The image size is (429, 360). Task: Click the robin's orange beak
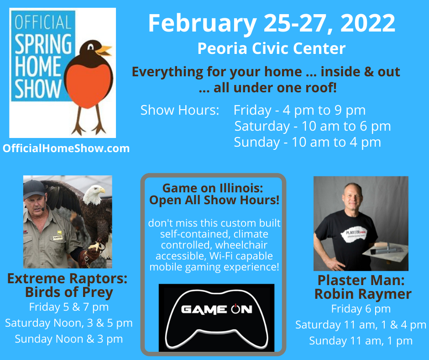tap(104, 50)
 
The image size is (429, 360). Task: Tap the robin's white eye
tap(90, 47)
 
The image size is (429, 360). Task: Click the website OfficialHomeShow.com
tap(66, 148)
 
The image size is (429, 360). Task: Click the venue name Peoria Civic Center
tap(272, 48)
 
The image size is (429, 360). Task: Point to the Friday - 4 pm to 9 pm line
tap(299, 111)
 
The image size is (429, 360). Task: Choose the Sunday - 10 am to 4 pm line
tap(307, 143)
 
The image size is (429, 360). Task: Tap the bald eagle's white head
tap(94, 194)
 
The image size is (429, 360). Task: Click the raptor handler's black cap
tap(34, 189)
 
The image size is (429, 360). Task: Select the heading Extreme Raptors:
tap(67, 279)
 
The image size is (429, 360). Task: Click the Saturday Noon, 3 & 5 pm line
tap(68, 323)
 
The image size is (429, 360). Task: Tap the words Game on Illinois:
tap(213, 188)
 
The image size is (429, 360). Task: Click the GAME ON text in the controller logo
tap(216, 309)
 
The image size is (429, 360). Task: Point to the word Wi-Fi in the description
tap(221, 256)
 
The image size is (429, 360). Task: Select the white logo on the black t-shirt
tap(354, 234)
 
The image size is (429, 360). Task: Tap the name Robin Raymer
tap(363, 294)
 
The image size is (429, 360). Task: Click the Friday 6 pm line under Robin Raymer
tap(361, 309)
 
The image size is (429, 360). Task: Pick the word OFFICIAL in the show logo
tap(43, 22)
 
